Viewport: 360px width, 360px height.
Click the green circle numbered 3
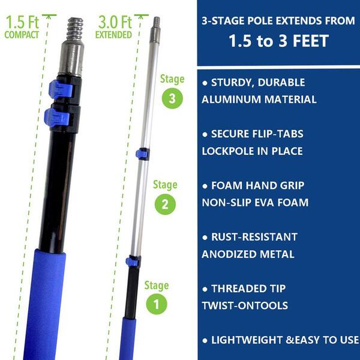click(172, 98)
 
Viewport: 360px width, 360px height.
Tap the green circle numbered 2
click(165, 204)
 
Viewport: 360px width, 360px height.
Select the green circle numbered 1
click(157, 304)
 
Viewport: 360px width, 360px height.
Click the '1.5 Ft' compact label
click(22, 22)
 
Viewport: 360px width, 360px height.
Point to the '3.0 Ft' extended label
click(115, 22)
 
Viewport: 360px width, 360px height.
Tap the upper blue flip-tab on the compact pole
click(61, 89)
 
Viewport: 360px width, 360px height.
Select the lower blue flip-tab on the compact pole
click(57, 118)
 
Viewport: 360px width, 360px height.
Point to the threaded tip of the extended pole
click(157, 22)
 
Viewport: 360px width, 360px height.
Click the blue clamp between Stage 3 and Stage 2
click(143, 154)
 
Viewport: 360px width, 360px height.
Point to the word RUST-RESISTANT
click(254, 237)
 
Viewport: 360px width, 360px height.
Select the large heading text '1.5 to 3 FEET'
click(279, 41)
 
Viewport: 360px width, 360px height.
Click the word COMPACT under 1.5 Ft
click(22, 35)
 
